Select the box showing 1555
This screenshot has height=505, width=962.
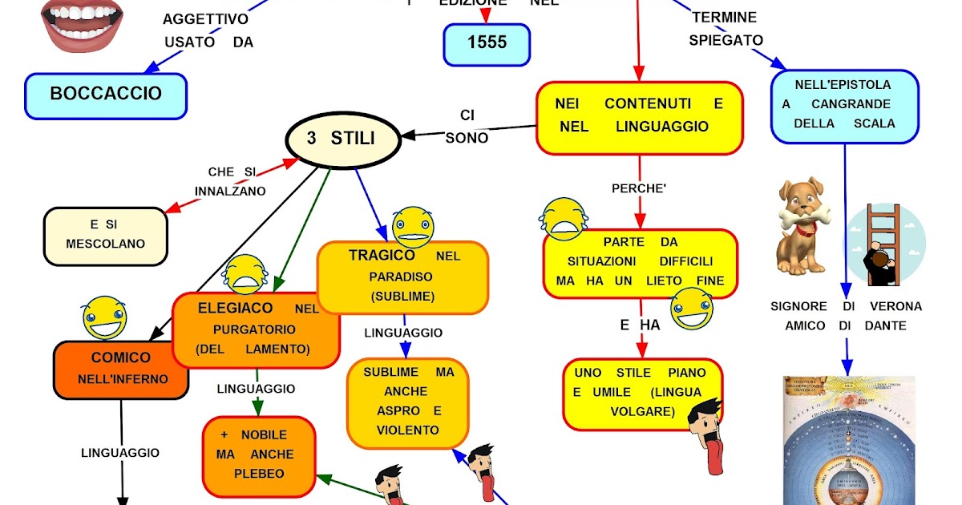coord(487,43)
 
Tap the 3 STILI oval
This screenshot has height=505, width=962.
coord(342,139)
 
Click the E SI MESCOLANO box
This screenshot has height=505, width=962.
coord(106,236)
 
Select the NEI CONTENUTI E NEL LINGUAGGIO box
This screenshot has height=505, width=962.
coord(639,117)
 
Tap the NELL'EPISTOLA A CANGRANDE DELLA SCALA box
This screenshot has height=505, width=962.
coord(843,106)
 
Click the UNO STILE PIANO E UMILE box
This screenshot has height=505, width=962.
coord(641,393)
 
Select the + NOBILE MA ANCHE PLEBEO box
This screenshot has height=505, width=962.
coord(258,455)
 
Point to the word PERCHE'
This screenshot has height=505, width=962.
coord(639,190)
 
